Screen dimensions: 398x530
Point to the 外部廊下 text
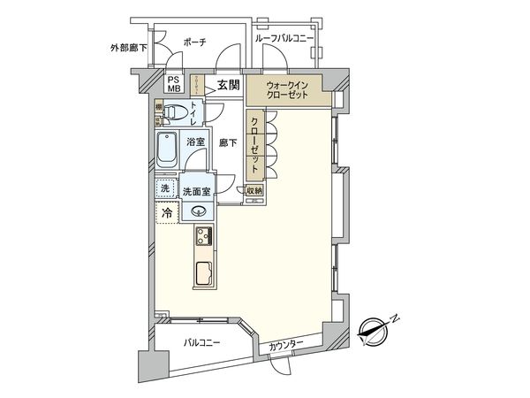127,48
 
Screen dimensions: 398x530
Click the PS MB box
174,84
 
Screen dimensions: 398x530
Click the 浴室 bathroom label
194,142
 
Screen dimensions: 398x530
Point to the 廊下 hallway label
228,142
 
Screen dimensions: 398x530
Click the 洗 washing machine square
164,188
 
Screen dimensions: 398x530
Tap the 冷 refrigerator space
165,214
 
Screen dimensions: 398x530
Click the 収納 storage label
254,190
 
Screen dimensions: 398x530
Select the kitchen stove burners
203,236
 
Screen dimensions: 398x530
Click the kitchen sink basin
203,276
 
